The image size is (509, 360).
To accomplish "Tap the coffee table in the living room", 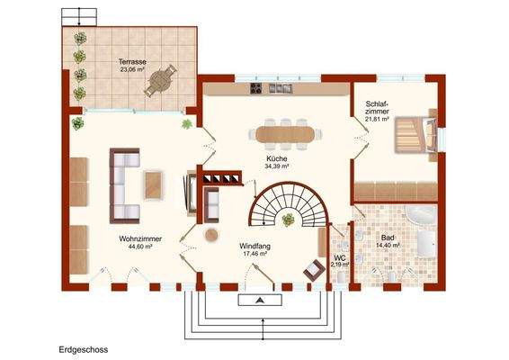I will pyautogui.click(x=155, y=185).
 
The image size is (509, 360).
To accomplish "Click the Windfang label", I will pyautogui.click(x=256, y=246).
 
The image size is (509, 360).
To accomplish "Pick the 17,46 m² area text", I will pyautogui.click(x=256, y=254).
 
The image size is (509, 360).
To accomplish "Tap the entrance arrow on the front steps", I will pyautogui.click(x=259, y=301).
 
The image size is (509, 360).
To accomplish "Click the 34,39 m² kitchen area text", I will pyautogui.click(x=276, y=166).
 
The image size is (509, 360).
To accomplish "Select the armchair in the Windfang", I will pyautogui.click(x=314, y=267).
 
